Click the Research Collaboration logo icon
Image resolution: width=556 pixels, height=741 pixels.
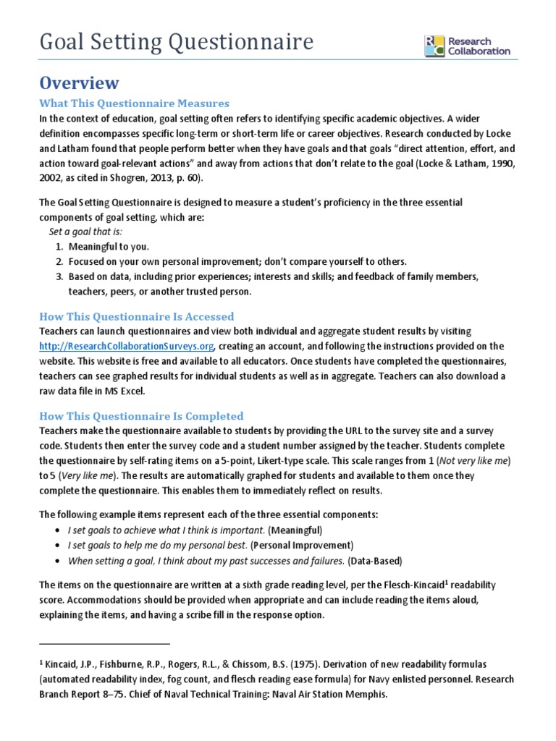coord(435,46)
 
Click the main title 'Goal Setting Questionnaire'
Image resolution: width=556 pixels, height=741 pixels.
coord(176,43)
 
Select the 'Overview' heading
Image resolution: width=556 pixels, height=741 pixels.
coord(79,82)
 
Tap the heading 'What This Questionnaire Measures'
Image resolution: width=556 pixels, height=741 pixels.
coord(134,103)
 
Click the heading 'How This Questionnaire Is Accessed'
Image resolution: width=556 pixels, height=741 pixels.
coord(137,316)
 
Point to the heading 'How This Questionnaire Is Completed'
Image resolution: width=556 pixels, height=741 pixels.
coord(141,416)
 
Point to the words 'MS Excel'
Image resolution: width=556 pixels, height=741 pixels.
coord(126,391)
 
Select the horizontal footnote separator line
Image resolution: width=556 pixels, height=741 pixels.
coord(104,643)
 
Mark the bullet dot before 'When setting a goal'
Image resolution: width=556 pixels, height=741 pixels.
coord(56,561)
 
